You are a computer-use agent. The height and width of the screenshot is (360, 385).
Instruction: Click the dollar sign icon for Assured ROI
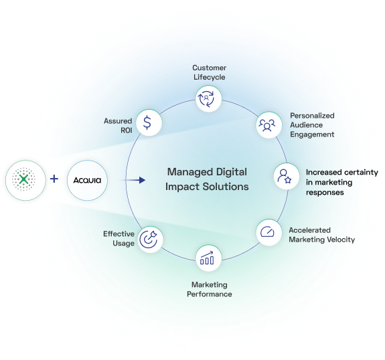(147, 123)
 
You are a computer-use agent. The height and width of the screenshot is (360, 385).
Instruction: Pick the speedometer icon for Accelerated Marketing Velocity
(268, 232)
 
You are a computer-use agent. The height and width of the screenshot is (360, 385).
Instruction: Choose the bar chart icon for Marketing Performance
(207, 257)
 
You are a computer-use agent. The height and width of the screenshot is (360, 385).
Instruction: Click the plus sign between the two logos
(54, 180)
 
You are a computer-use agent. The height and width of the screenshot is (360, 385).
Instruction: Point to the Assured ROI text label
(117, 125)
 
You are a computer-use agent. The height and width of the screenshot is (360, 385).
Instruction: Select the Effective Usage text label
(119, 238)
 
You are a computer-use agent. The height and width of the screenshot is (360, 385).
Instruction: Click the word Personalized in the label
(311, 116)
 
